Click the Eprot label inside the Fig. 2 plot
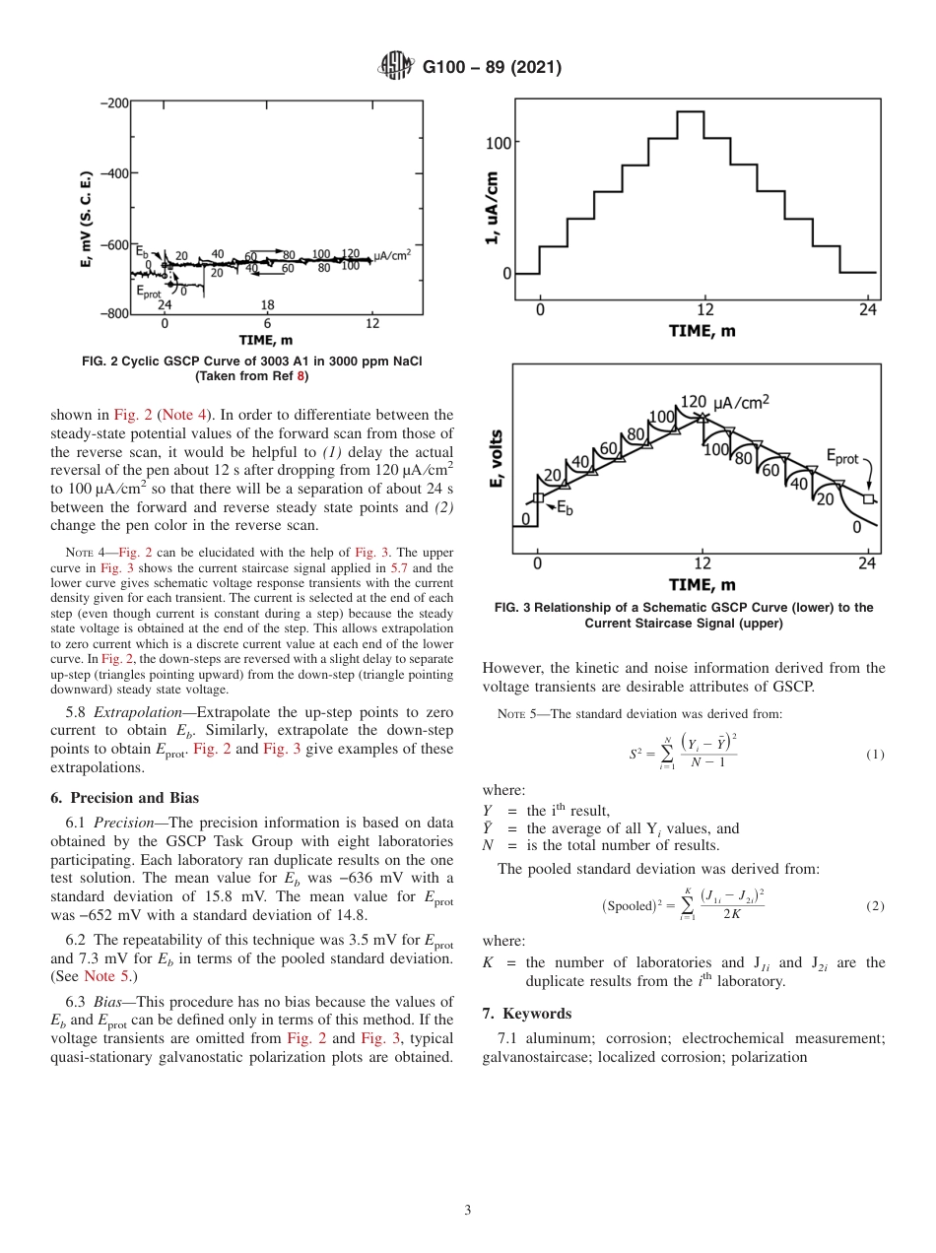(149, 293)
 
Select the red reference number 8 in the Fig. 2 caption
(303, 375)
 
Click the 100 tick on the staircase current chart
(498, 143)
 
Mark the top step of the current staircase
(691, 112)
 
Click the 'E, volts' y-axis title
(496, 458)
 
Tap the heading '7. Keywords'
(527, 1014)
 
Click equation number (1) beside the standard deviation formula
(875, 755)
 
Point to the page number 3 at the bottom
(468, 1210)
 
